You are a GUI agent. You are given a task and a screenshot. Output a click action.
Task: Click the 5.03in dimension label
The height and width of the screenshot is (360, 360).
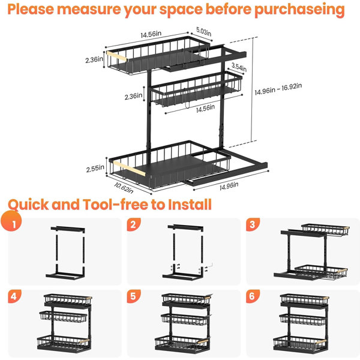pyautogui.click(x=203, y=31)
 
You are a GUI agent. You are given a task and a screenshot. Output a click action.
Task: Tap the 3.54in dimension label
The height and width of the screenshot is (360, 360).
pyautogui.click(x=239, y=67)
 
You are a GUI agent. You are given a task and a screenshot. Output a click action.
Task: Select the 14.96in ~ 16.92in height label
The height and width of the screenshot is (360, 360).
pyautogui.click(x=278, y=89)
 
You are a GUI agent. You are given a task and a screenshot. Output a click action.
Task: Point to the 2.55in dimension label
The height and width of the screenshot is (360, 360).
pyautogui.click(x=95, y=169)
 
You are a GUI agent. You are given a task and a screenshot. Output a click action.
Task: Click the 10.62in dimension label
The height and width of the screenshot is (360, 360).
pyautogui.click(x=124, y=188)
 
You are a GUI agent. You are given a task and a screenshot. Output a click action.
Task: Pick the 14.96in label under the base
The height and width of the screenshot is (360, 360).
pyautogui.click(x=229, y=186)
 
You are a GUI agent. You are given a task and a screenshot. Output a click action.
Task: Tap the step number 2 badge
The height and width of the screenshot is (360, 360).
pyautogui.click(x=134, y=224)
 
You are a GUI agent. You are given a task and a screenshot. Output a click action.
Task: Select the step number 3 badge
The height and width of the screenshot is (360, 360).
pyautogui.click(x=253, y=224)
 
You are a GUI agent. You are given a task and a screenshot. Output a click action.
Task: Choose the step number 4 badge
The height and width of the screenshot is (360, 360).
pyautogui.click(x=14, y=296)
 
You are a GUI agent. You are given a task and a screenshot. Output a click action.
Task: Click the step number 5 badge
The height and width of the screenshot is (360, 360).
pyautogui.click(x=134, y=296)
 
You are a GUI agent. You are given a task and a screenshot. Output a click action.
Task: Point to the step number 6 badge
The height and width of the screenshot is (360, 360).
pyautogui.click(x=253, y=296)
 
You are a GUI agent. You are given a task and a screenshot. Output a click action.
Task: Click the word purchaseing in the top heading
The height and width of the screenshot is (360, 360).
pyautogui.click(x=299, y=10)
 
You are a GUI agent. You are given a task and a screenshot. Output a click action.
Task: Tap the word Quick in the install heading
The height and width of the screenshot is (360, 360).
pyautogui.click(x=28, y=205)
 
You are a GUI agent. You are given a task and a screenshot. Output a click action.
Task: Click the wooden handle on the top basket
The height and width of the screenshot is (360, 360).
pyautogui.click(x=116, y=56)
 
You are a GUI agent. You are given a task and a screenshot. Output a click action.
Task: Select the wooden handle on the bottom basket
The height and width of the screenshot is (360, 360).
pyautogui.click(x=129, y=168)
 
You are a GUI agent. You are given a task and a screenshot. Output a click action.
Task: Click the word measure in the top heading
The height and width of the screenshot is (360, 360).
pyautogui.click(x=89, y=9)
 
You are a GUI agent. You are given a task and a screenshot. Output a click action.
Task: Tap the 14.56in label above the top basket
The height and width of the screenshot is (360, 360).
pyautogui.click(x=151, y=34)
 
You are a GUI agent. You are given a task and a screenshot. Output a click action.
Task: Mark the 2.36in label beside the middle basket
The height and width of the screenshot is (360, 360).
pyautogui.click(x=133, y=97)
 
